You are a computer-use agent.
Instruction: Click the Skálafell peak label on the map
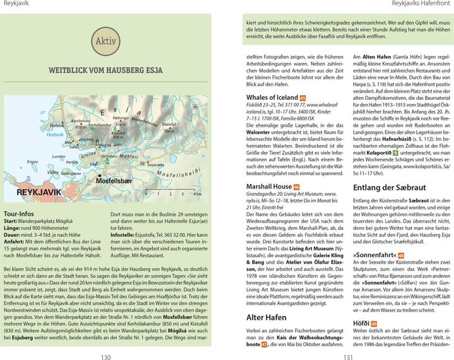point(169,125)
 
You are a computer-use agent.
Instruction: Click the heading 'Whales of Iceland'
point(271,97)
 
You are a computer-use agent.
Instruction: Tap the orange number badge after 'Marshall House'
point(296,187)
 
